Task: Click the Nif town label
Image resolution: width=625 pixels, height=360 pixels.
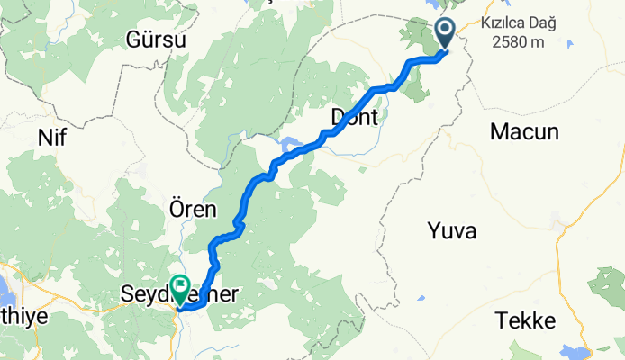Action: tap(53, 138)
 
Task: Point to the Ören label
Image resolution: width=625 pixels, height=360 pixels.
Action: tap(193, 211)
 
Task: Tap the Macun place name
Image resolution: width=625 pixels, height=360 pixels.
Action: tap(524, 132)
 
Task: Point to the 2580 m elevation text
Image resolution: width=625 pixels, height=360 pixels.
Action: tap(518, 42)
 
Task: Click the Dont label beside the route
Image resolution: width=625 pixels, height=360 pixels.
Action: tap(354, 116)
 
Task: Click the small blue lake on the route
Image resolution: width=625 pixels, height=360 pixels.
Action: tap(290, 144)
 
